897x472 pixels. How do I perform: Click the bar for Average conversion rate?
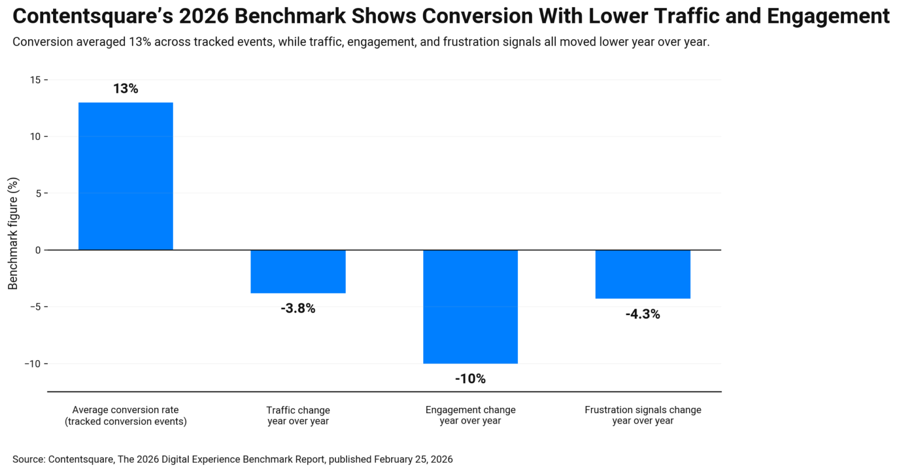click(x=126, y=176)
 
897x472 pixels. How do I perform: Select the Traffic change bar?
click(x=298, y=271)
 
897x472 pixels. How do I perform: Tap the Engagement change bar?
click(x=470, y=306)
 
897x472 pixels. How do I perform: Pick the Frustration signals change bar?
click(x=642, y=274)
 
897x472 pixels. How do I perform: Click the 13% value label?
click(x=126, y=89)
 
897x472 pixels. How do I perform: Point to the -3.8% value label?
click(x=298, y=309)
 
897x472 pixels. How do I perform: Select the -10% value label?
click(x=470, y=379)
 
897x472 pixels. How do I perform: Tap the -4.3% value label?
click(x=642, y=314)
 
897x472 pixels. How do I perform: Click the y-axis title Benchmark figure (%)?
click(x=13, y=233)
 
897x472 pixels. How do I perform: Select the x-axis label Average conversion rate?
click(x=126, y=415)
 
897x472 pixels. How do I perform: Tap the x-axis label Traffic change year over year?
click(x=298, y=415)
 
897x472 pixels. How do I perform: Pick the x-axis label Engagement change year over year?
click(x=470, y=415)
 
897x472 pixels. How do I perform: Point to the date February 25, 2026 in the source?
click(x=413, y=459)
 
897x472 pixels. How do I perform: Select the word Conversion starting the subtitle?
click(x=42, y=42)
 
